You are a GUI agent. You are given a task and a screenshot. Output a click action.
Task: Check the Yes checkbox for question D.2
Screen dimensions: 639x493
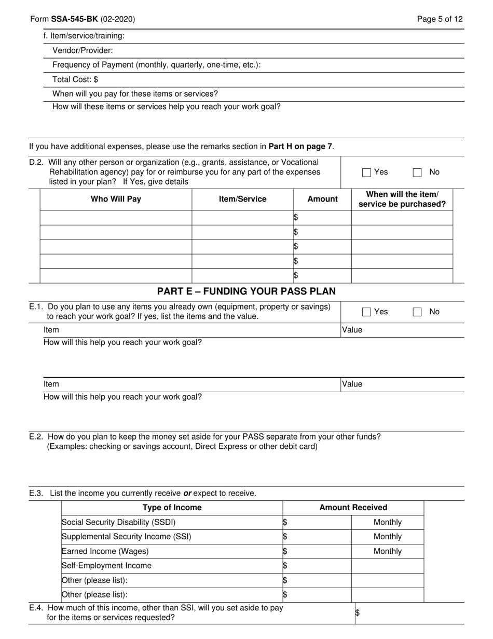click(367, 172)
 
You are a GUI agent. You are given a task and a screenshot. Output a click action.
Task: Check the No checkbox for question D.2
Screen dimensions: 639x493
click(417, 172)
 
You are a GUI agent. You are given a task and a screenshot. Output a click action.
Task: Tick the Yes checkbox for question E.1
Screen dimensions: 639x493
click(367, 312)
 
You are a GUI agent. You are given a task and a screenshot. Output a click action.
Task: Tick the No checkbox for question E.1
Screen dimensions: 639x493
click(417, 312)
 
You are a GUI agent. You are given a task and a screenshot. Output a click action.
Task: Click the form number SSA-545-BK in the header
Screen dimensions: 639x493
click(74, 19)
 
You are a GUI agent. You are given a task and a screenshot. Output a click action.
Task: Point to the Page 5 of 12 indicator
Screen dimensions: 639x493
click(440, 19)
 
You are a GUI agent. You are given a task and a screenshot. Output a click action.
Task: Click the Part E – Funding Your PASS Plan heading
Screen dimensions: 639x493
click(246, 291)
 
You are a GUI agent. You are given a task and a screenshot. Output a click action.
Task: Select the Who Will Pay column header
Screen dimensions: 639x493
click(116, 199)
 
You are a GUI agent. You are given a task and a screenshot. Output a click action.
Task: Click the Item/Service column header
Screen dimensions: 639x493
click(242, 199)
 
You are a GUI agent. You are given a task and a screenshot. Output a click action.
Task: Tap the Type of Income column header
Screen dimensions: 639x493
click(172, 508)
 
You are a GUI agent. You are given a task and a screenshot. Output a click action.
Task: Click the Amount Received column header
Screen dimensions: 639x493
click(353, 508)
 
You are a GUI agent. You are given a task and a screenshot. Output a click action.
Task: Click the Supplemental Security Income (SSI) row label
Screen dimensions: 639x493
click(126, 537)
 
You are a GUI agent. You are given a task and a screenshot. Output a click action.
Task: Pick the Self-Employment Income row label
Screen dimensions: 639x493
click(106, 566)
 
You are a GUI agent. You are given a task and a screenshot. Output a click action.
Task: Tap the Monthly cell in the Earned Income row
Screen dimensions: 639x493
click(387, 551)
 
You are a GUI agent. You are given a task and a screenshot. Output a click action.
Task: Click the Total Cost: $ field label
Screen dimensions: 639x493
click(75, 79)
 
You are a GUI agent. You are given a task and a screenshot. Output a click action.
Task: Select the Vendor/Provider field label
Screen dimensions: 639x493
click(83, 50)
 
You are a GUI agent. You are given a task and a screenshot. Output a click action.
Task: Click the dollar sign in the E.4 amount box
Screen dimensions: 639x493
click(357, 613)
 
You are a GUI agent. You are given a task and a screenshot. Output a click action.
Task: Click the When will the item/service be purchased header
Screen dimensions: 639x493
click(402, 199)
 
